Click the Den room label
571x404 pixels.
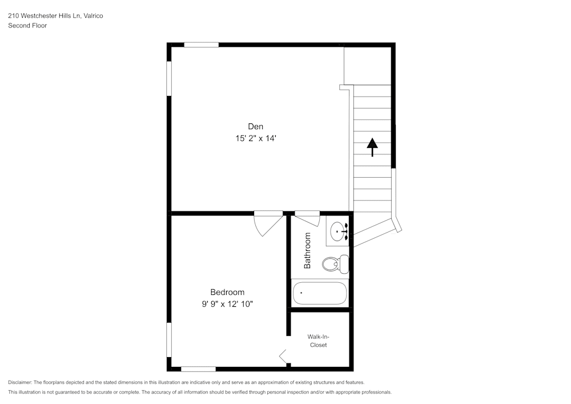point(255,126)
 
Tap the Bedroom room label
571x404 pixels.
point(227,292)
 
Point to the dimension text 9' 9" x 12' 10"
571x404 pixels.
point(227,304)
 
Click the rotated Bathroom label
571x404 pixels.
point(307,250)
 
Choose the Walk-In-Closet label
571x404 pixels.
point(318,341)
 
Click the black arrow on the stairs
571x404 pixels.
point(372,146)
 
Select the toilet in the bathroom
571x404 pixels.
point(335,263)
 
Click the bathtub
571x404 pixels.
point(320,293)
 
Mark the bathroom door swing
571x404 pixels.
point(307,218)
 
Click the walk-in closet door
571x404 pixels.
point(284,357)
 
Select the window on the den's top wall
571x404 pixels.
point(201,45)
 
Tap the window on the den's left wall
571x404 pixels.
point(169,78)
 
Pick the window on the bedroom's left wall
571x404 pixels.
point(169,340)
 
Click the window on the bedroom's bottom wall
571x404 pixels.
point(198,369)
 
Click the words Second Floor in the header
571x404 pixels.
point(27,26)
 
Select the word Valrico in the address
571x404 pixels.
point(93,16)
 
